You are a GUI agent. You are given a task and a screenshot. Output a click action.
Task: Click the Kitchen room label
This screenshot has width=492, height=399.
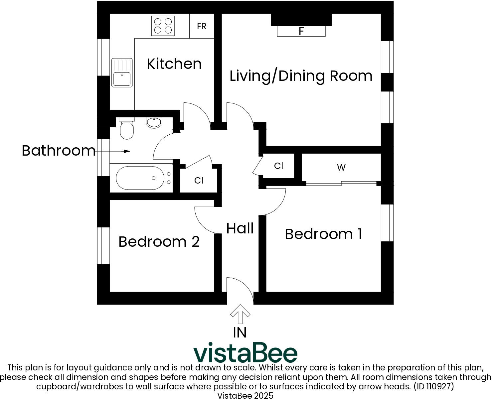174,64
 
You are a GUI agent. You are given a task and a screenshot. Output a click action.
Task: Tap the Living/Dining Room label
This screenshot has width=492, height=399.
301,76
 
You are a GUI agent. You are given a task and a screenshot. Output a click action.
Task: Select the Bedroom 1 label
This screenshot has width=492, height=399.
323,234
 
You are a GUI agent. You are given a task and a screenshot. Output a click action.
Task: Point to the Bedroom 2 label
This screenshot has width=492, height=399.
159,241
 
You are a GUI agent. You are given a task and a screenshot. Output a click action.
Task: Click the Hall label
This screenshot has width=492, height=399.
240,228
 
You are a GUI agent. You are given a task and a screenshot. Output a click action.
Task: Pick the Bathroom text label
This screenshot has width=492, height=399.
59,151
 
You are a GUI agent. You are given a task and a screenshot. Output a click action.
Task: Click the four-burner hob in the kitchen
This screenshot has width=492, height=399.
163,26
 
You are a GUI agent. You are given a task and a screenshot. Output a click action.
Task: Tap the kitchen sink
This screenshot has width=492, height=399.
122,72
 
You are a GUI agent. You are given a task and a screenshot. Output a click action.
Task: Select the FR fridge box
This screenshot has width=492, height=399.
202,26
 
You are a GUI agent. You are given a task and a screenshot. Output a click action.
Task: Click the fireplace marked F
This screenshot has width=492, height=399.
301,31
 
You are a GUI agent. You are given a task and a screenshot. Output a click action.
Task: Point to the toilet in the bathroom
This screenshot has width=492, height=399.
126,129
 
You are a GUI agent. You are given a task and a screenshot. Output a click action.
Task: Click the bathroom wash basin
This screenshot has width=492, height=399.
154,123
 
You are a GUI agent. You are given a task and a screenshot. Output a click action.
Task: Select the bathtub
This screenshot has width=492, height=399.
140,178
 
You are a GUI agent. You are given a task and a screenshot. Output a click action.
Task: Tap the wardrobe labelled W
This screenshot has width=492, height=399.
341,168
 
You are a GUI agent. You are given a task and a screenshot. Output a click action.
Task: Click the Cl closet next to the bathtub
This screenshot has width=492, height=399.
199,180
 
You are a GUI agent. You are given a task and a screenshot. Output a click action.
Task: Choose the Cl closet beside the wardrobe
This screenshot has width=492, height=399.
278,166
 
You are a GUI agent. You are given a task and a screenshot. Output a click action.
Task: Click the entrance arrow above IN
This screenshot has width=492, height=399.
240,314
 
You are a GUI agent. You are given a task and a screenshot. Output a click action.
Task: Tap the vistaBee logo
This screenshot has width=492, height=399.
246,353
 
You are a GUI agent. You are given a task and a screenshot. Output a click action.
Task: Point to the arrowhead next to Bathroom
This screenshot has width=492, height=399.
127,151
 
